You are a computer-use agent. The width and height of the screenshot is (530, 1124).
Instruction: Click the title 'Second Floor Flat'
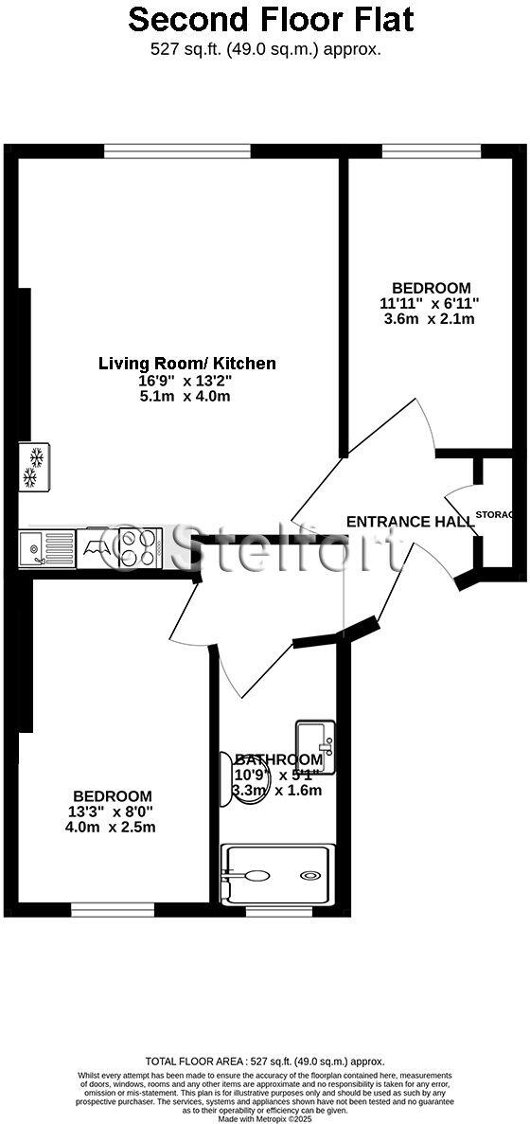tap(271, 19)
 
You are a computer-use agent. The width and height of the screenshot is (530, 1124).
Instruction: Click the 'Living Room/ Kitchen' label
tap(187, 363)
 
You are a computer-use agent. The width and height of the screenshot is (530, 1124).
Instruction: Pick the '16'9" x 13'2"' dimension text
tap(185, 381)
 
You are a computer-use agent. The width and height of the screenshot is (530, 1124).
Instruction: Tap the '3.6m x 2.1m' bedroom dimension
tap(431, 319)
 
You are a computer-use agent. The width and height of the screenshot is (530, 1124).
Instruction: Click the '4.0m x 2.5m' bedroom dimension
tap(111, 827)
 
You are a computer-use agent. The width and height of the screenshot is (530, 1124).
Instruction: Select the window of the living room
tap(177, 151)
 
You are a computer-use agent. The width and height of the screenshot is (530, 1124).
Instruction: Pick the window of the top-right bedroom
tap(431, 151)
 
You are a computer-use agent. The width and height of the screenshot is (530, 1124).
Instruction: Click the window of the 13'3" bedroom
tap(106, 910)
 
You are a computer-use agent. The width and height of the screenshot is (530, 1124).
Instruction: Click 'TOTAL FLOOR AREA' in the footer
tap(192, 1062)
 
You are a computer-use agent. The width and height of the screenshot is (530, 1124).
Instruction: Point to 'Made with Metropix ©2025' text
tap(265, 1118)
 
